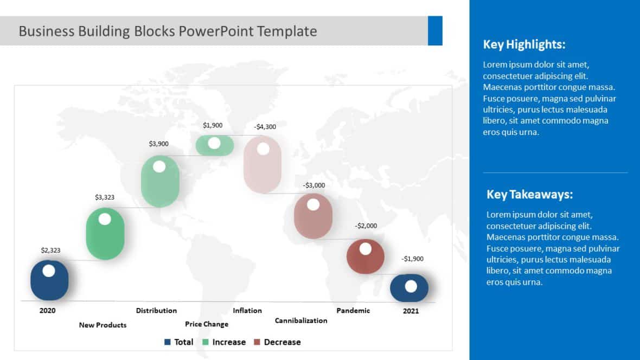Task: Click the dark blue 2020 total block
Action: pyautogui.click(x=49, y=280)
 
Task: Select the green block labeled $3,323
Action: pyautogui.click(x=105, y=234)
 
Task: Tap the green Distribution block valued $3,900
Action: pyautogui.click(x=160, y=182)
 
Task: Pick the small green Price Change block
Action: pyautogui.click(x=215, y=145)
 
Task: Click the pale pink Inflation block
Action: pyautogui.click(x=263, y=165)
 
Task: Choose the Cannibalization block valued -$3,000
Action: pyautogui.click(x=313, y=216)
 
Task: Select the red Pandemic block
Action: pyautogui.click(x=365, y=256)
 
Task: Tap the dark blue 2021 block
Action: pyautogui.click(x=409, y=288)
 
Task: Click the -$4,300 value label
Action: pyautogui.click(x=265, y=127)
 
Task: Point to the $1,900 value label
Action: pyautogui.click(x=213, y=125)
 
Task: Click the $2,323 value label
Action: pyautogui.click(x=50, y=250)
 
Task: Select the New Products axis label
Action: pyautogui.click(x=103, y=325)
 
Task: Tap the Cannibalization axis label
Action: pyautogui.click(x=301, y=320)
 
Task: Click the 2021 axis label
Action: pyautogui.click(x=411, y=311)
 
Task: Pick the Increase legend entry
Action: pyautogui.click(x=223, y=342)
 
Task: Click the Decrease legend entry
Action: pyautogui.click(x=277, y=342)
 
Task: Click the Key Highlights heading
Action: pyautogui.click(x=524, y=44)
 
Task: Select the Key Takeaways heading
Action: pyautogui.click(x=529, y=195)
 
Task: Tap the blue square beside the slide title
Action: pyautogui.click(x=435, y=31)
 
